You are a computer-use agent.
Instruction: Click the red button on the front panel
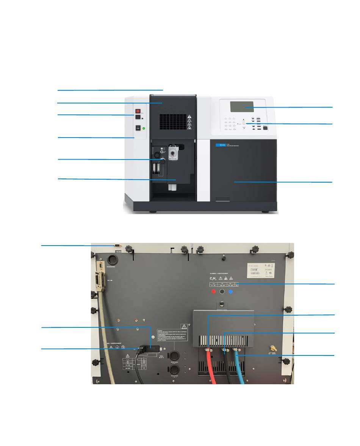click(138, 111)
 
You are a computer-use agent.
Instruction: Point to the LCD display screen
click(242, 106)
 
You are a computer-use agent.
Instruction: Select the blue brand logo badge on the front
click(218, 145)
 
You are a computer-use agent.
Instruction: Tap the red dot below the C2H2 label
click(213, 292)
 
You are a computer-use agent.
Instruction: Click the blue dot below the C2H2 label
click(231, 292)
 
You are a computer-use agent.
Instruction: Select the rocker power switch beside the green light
click(138, 128)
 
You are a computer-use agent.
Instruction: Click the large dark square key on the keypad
click(265, 128)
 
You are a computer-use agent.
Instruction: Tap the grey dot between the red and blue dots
click(222, 292)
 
